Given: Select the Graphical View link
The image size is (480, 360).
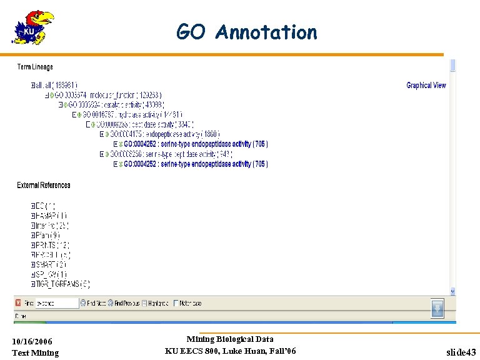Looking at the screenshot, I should coord(426,86).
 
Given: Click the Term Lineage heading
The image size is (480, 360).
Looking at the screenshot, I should coord(35,67).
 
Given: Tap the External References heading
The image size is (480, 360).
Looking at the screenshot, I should coord(44,185).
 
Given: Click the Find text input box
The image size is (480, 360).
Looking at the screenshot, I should coord(56,303).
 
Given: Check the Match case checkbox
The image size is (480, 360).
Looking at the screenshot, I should coord(176,303).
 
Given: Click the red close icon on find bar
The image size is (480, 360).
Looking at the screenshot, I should coord(19,303).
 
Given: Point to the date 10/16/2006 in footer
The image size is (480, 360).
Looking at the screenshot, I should coord(32,341).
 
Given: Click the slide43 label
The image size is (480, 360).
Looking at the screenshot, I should coord(461,352).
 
